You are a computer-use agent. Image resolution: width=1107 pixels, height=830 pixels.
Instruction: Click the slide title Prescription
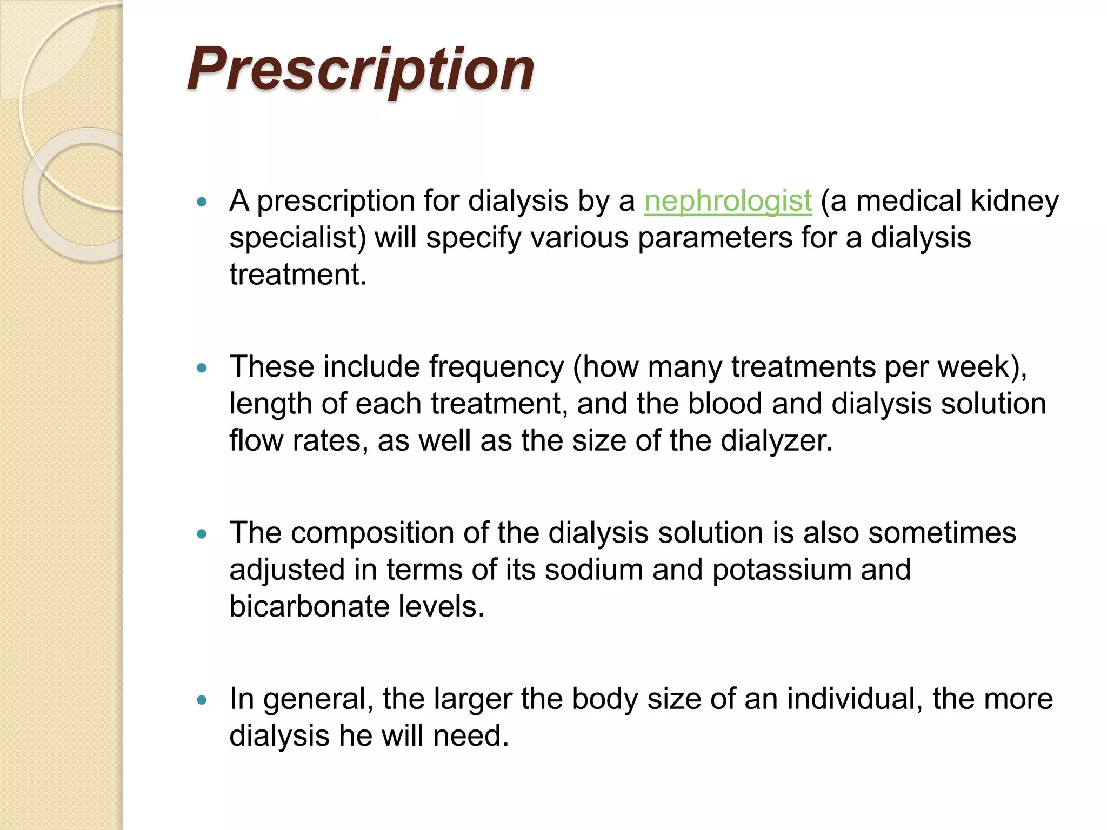pos(361,69)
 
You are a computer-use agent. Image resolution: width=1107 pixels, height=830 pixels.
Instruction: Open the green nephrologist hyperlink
pos(728,201)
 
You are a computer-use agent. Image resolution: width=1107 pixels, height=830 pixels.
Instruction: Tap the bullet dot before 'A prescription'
pos(202,203)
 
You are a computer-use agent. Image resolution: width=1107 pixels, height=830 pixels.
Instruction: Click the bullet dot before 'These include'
pos(202,369)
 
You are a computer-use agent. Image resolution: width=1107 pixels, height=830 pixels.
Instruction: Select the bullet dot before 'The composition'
pos(202,534)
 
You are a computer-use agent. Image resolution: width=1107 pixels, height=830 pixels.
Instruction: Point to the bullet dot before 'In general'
pos(202,700)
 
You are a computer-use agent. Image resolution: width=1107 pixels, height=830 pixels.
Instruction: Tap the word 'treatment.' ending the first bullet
pos(298,275)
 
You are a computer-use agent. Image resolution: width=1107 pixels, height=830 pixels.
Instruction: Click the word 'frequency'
pos(496,367)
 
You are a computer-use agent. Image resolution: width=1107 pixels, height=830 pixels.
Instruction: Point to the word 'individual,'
pos(855,699)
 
